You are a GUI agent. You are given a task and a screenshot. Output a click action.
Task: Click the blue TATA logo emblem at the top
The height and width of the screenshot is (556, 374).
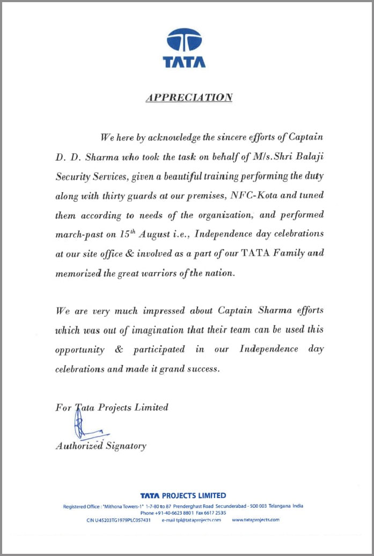tap(184, 41)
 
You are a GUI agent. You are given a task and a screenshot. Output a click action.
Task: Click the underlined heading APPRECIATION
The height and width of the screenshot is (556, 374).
tap(189, 98)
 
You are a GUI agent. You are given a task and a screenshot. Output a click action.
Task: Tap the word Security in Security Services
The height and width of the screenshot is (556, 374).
tap(74, 176)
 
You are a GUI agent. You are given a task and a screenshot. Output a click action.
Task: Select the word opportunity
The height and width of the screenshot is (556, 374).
tap(80, 349)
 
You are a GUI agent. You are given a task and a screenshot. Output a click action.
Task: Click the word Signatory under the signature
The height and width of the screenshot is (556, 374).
tap(126, 446)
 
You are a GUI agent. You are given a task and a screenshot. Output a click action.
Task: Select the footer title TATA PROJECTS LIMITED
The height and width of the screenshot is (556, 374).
tap(183, 495)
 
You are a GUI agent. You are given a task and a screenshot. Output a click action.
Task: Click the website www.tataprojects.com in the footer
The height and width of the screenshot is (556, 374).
tap(255, 520)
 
